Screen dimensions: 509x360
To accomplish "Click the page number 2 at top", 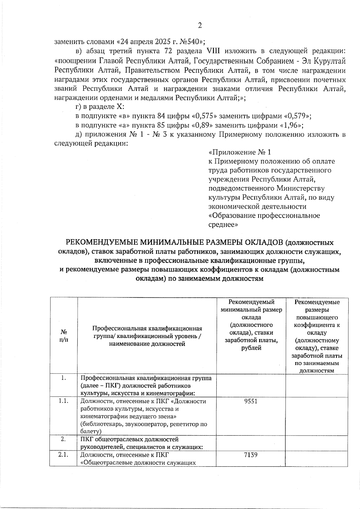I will pos(200,25).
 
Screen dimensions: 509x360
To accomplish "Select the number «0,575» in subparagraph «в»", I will pos(206,116).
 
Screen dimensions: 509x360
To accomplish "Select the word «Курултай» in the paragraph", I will pos(330,61).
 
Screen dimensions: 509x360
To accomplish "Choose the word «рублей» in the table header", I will pos(251,348).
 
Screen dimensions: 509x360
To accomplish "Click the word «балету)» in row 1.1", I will pos(91,431).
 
